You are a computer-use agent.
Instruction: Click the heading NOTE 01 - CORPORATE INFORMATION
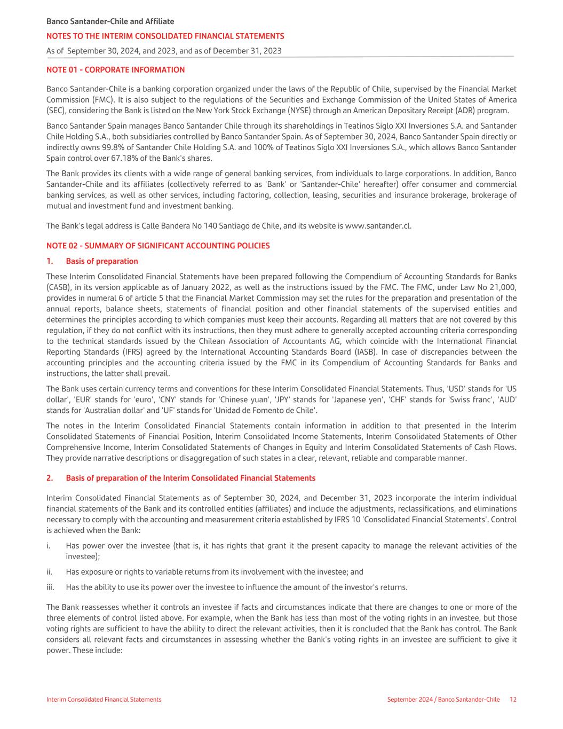tap(115, 70)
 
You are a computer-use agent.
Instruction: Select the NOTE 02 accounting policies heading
tap(158, 246)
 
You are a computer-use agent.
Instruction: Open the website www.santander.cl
tap(378, 226)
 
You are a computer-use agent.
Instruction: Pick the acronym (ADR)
tap(461, 111)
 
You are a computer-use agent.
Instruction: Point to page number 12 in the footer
tap(513, 700)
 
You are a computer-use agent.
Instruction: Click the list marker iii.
tap(51, 587)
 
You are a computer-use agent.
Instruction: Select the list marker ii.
tap(50, 572)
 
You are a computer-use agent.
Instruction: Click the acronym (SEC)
tap(55, 111)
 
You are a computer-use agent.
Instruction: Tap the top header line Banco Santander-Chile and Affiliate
tap(110, 22)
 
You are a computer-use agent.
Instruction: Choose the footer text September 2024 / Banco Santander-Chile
tap(443, 700)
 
